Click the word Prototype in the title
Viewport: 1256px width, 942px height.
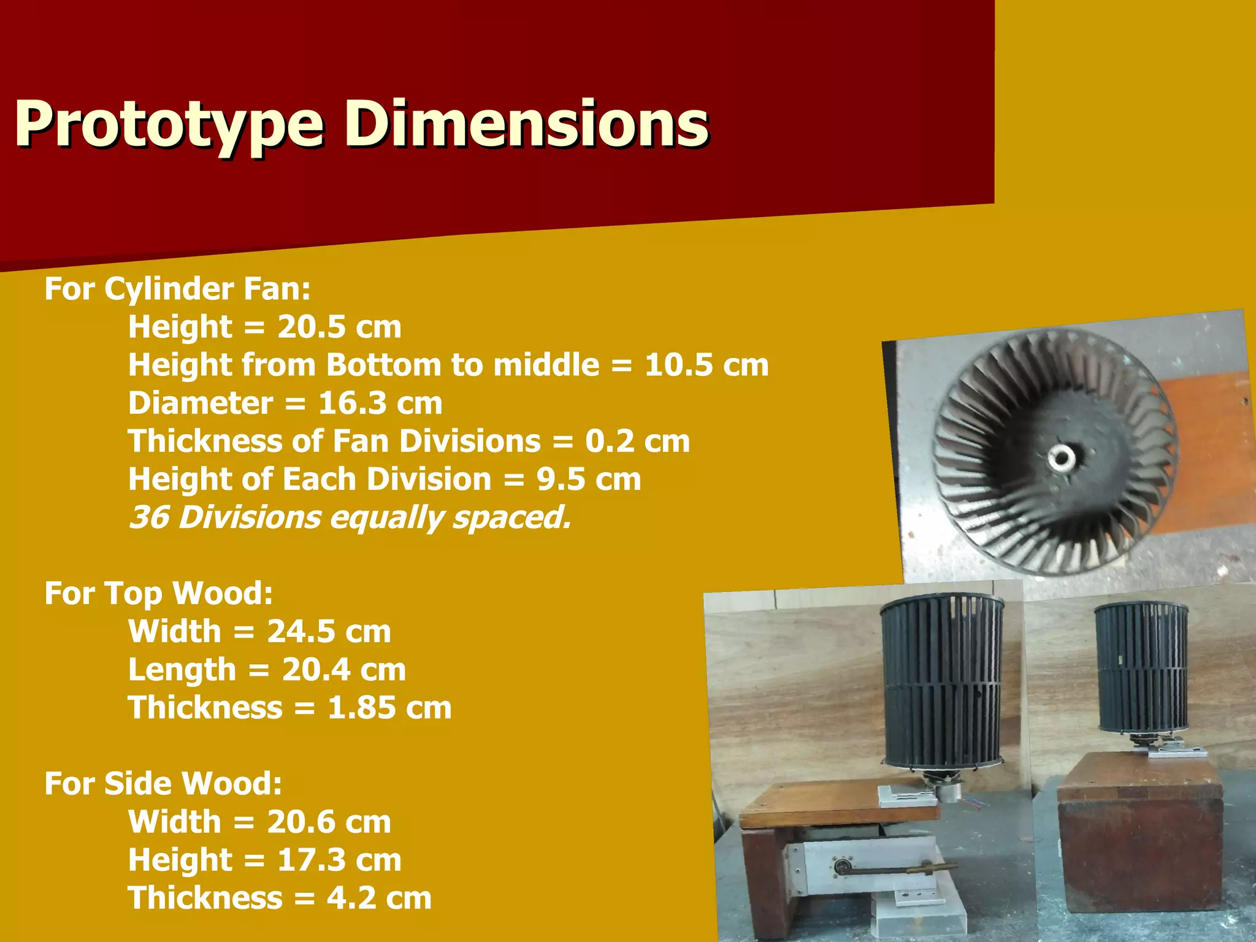click(169, 126)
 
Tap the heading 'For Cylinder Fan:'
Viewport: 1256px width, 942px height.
click(177, 288)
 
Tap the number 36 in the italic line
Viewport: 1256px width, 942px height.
click(148, 517)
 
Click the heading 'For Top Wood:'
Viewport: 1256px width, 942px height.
click(158, 593)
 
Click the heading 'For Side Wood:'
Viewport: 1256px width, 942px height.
click(163, 783)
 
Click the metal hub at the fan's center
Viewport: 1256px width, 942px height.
click(1059, 457)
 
